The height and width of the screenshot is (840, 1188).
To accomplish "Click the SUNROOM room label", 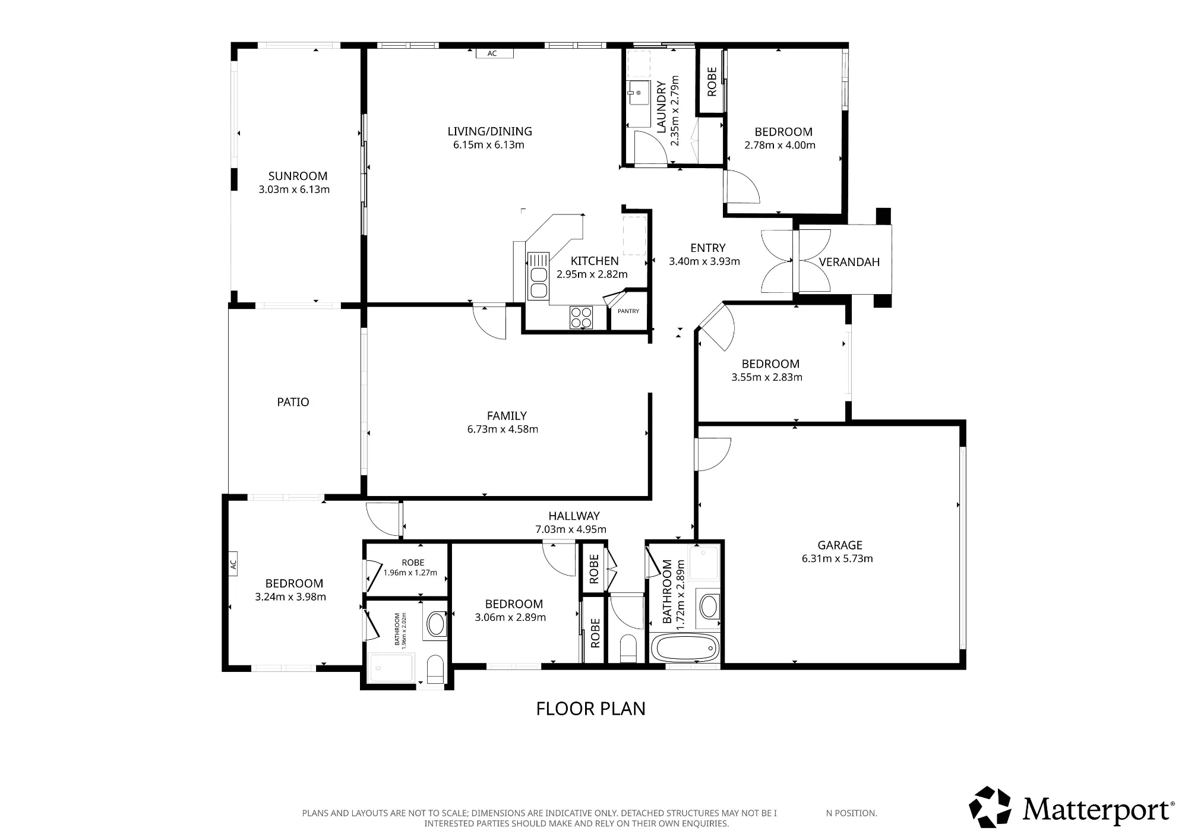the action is [x=298, y=176].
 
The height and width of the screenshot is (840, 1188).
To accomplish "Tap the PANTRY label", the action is [x=628, y=311].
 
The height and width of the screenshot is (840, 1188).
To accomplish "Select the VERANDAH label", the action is [x=849, y=262].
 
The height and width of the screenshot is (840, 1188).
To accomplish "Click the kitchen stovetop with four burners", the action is [x=581, y=317].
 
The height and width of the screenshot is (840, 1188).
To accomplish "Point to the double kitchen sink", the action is [x=538, y=276].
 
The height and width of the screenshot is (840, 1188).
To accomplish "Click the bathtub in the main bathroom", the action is [x=685, y=648].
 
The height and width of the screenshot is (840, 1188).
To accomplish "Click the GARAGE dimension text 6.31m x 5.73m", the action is [x=838, y=558].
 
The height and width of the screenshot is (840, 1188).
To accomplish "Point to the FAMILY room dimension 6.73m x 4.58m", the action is [x=503, y=430].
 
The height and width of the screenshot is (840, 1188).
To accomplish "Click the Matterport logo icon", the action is [x=990, y=807].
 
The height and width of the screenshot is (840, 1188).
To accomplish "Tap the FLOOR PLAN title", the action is [x=590, y=709].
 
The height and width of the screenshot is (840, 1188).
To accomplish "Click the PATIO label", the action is [x=293, y=402].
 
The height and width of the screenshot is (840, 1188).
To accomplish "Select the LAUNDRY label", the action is [x=661, y=106].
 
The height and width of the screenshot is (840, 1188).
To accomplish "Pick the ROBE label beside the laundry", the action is [x=712, y=81].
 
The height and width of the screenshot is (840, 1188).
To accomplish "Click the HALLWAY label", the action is [x=574, y=516].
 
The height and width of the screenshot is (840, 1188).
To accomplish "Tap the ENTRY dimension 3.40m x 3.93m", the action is [x=704, y=261].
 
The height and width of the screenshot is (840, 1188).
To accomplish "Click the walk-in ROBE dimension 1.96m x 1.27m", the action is [x=410, y=573].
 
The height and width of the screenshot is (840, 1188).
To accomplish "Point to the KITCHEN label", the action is [x=595, y=261].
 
